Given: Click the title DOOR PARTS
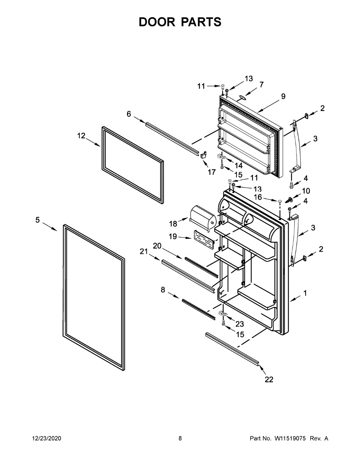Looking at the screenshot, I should pos(180,22).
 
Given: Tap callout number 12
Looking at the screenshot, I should pos(81,136).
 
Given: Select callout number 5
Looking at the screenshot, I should pos(37,220).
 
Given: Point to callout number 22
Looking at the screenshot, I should pos(269,379).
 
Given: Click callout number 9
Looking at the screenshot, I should pos(283,96).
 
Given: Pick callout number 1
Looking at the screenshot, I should pos(305,294).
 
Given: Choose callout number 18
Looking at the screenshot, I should pos(173,223).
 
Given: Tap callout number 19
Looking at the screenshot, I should pos(173,236).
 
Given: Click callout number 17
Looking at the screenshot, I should pos(211,172).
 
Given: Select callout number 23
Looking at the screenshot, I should pos(240,324).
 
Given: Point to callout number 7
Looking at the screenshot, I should pos(261,84).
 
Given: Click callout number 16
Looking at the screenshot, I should pos(258,197).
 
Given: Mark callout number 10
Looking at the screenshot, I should pos(306,191).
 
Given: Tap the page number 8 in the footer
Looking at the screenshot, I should pos(180,438).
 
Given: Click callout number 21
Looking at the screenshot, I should pos(144,252).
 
